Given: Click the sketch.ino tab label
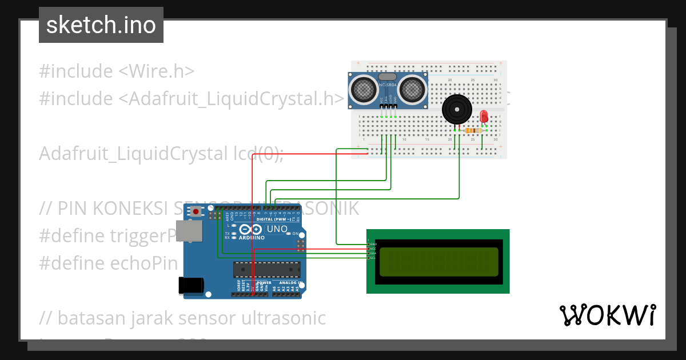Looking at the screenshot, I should (x=101, y=25).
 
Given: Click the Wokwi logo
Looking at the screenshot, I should (x=607, y=315).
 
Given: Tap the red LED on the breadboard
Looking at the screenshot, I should (x=484, y=116).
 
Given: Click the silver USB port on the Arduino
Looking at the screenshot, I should (x=189, y=230).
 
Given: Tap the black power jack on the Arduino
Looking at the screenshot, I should (x=191, y=285).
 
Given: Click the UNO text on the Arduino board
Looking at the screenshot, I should (x=277, y=229).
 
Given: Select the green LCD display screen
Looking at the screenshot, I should (x=437, y=261).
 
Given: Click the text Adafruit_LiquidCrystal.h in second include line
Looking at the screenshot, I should (x=232, y=99).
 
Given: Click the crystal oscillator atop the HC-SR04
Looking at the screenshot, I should (x=387, y=77).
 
